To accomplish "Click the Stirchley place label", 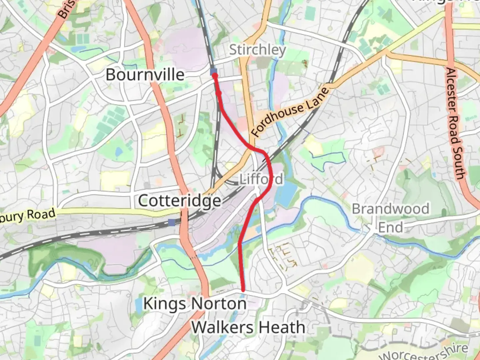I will (x=257, y=50).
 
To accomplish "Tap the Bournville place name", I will (x=145, y=74).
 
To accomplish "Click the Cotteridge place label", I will (x=179, y=201).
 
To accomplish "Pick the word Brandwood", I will (x=390, y=209).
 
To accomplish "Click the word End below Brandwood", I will (x=390, y=228).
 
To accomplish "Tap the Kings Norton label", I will (x=195, y=304).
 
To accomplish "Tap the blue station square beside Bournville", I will (x=214, y=71).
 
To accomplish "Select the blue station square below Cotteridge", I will (x=172, y=222).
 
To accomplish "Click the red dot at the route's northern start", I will (x=215, y=76).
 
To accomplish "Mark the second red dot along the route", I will (x=219, y=94).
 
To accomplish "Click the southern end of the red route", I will (x=243, y=290).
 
